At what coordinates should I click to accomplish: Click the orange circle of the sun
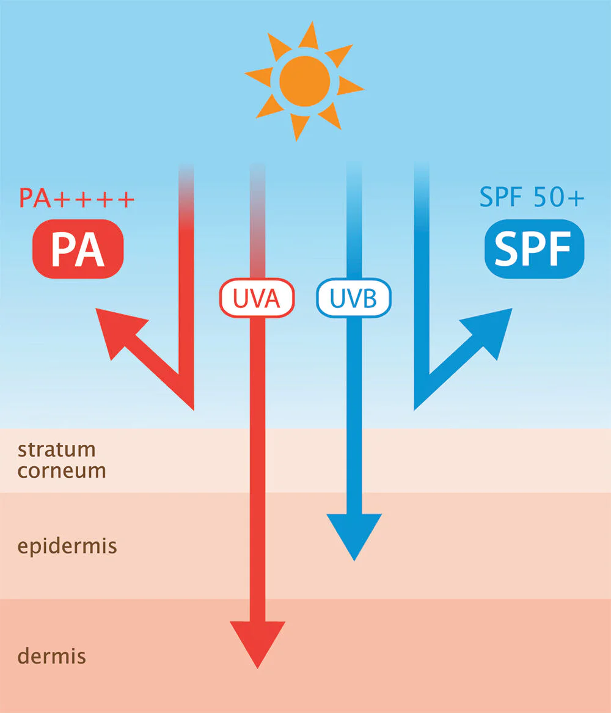304,81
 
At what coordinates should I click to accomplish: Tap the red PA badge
78,249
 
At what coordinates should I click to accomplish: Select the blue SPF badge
533,249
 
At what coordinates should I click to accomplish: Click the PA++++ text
76,199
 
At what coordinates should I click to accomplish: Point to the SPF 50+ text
532,199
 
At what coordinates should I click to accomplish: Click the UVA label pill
257,299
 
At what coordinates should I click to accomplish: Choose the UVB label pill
354,299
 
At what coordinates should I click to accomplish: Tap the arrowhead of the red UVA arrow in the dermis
257,642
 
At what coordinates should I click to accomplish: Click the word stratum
57,450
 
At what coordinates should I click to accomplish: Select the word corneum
62,471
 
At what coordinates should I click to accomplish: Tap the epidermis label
67,546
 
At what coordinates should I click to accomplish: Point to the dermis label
52,656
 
